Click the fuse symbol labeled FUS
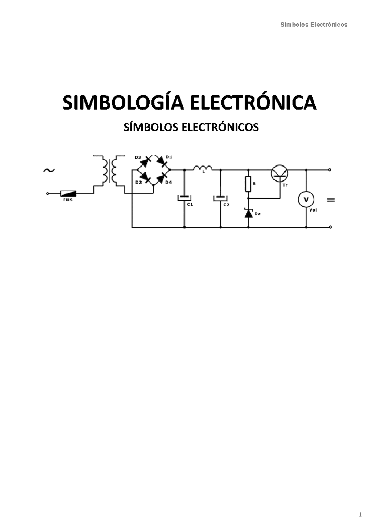pyautogui.click(x=68, y=193)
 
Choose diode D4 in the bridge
pyautogui.click(x=162, y=178)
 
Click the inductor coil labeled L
pyautogui.click(x=203, y=168)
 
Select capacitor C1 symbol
pyautogui.click(x=184, y=197)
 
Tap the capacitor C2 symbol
pyautogui.click(x=220, y=198)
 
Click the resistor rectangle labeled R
pyautogui.click(x=248, y=184)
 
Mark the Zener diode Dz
pyautogui.click(x=249, y=213)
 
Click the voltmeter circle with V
pyautogui.click(x=306, y=200)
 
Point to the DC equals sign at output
pyautogui.click(x=331, y=200)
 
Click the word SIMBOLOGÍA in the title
pyautogui.click(x=123, y=103)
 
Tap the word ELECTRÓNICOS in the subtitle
pyautogui.click(x=220, y=127)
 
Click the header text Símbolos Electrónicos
pyautogui.click(x=314, y=25)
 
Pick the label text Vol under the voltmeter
pyautogui.click(x=313, y=210)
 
